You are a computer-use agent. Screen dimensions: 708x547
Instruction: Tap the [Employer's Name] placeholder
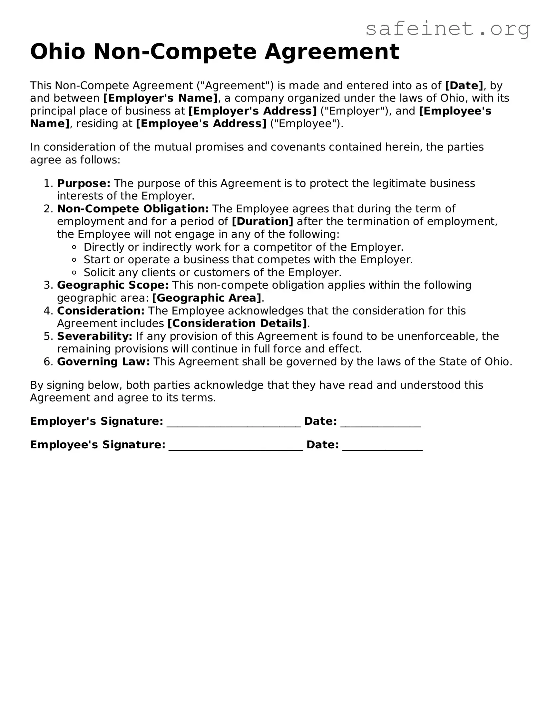tap(161, 98)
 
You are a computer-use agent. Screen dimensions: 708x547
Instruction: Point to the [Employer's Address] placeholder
tap(253, 111)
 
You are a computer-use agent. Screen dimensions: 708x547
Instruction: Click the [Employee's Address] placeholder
tap(201, 123)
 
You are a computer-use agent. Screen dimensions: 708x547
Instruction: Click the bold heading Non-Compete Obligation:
tap(133, 209)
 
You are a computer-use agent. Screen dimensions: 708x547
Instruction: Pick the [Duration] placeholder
tap(263, 221)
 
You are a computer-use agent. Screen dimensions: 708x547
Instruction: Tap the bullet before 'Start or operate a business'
tap(74, 260)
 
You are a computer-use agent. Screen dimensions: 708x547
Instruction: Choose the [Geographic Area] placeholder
tap(207, 298)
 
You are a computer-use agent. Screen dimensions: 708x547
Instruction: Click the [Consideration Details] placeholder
tap(237, 323)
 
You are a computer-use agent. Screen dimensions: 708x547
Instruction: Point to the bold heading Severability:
tap(95, 336)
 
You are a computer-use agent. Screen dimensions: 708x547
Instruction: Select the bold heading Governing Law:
tap(103, 361)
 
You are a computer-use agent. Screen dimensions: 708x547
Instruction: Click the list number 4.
tap(47, 311)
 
